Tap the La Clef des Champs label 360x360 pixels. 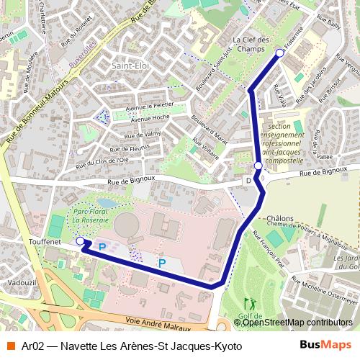(251, 45)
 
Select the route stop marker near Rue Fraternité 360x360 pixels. (280, 52)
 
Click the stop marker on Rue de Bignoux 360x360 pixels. (258, 166)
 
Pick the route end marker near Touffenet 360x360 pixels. (79, 242)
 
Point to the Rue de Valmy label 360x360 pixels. (143, 135)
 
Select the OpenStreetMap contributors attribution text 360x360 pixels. (297, 323)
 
